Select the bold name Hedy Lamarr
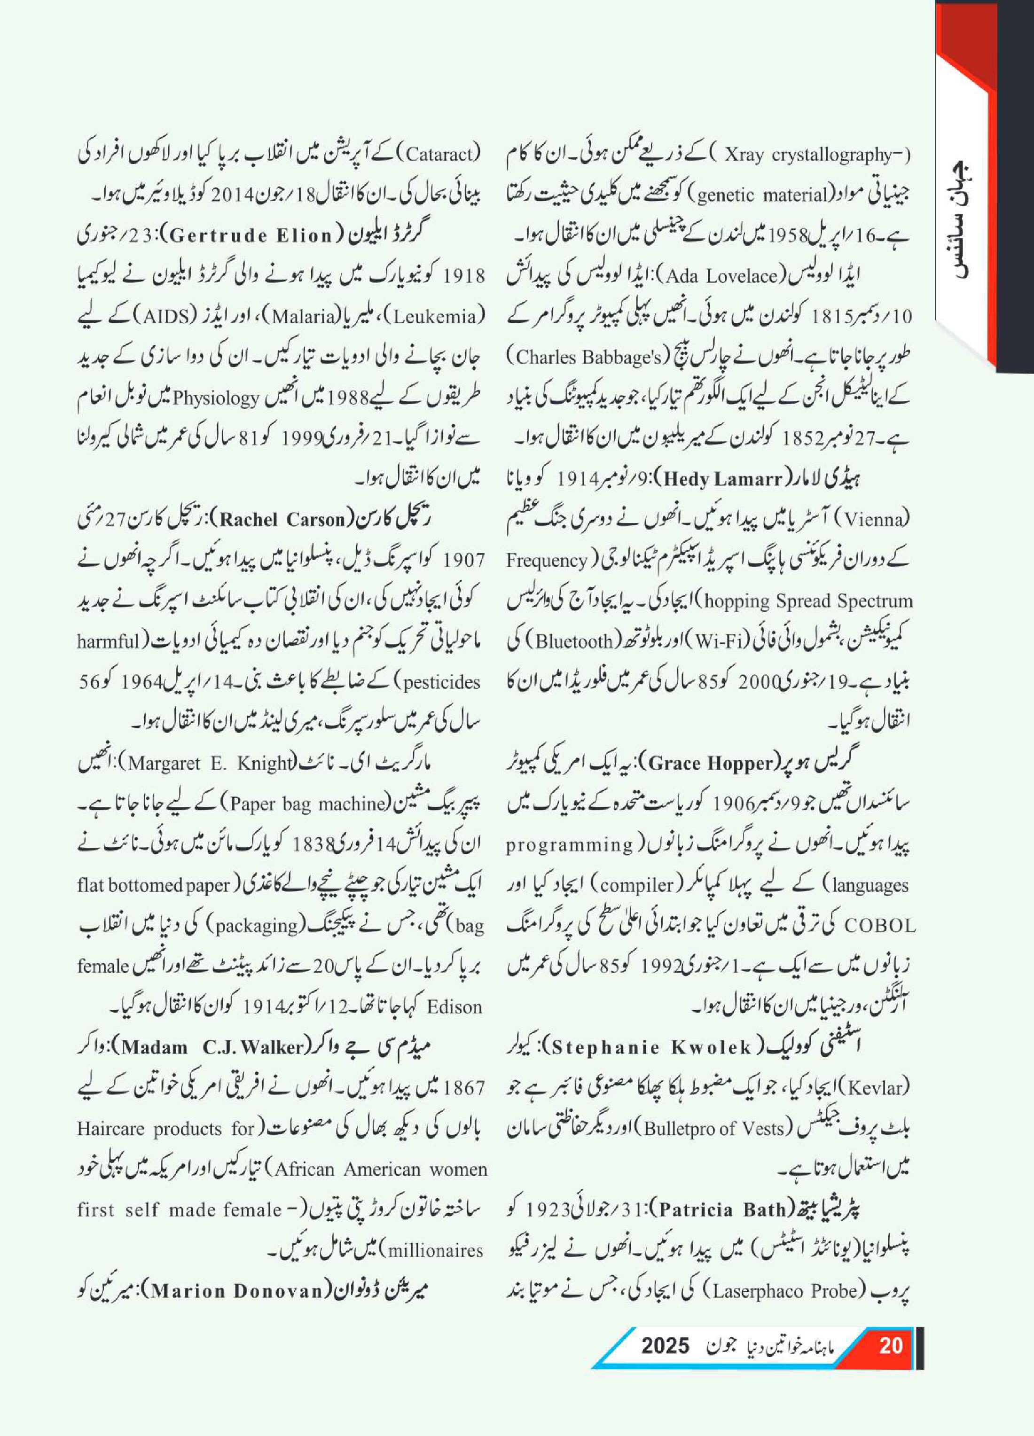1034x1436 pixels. pyautogui.click(x=722, y=479)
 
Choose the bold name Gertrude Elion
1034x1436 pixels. pyautogui.click(x=251, y=235)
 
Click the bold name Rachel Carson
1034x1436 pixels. pyautogui.click(x=284, y=520)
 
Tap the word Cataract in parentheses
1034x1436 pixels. pyautogui.click(x=439, y=155)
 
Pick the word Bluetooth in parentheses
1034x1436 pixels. pyautogui.click(x=574, y=641)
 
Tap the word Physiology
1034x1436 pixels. pyautogui.click(x=217, y=398)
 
